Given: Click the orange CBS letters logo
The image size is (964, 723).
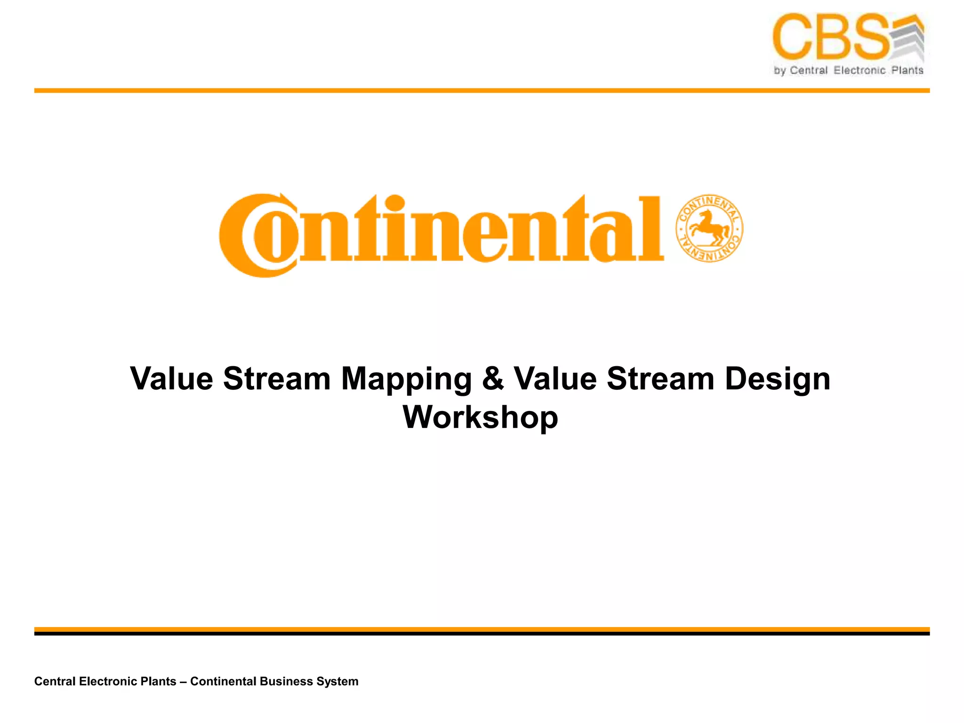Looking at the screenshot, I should (831, 37).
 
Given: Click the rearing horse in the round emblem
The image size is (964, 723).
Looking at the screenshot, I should (708, 228).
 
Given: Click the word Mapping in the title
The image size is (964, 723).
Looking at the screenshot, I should (406, 379).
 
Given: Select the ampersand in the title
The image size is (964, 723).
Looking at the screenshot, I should (492, 378).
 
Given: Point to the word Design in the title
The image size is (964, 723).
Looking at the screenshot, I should (777, 378).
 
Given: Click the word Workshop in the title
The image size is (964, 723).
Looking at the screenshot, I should (480, 417).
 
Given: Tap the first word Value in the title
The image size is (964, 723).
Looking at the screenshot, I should (171, 378).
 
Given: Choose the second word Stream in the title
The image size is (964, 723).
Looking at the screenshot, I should (660, 378).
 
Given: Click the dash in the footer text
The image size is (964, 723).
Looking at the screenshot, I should (183, 682).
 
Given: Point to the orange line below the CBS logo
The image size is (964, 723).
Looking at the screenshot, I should (482, 90).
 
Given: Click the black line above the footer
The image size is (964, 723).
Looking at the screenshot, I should (482, 634).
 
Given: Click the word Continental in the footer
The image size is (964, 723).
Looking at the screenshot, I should (223, 681).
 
